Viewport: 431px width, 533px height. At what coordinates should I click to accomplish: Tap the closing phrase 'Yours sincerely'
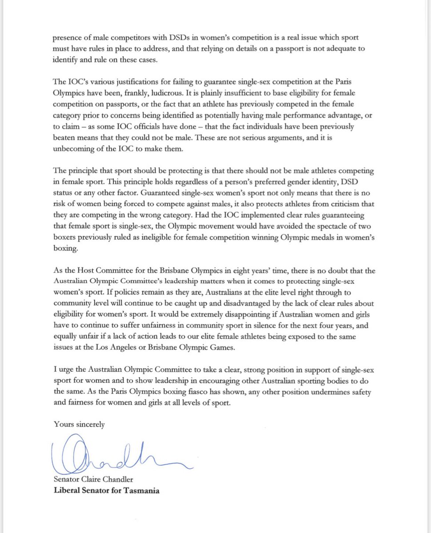coord(79,424)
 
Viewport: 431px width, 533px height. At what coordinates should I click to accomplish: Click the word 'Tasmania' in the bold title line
coord(141,491)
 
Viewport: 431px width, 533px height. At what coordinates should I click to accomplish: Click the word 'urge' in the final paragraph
coord(67,370)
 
